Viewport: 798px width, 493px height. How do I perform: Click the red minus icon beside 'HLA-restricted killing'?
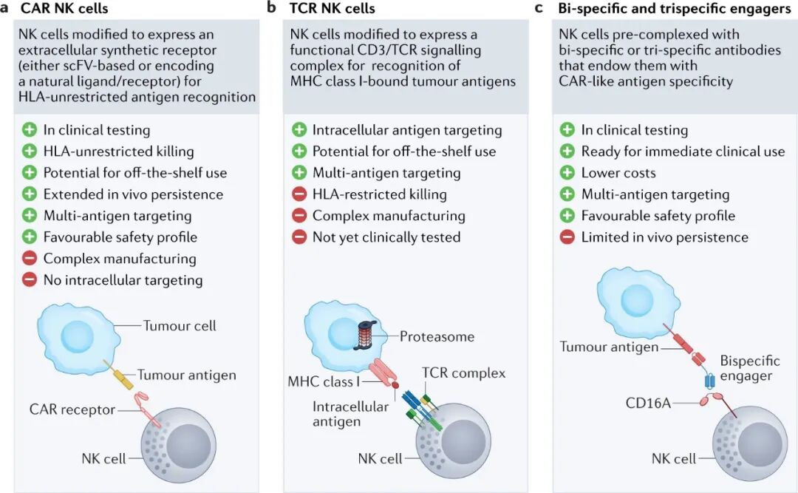click(299, 194)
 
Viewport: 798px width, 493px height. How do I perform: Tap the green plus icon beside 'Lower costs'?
click(567, 173)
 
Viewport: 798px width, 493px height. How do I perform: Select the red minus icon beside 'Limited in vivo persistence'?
click(567, 237)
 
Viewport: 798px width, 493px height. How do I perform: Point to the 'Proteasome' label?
click(437, 337)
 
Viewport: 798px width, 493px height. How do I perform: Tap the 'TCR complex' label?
click(463, 373)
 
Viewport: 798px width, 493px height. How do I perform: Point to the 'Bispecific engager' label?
click(749, 369)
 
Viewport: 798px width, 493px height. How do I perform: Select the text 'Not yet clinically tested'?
click(386, 237)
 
